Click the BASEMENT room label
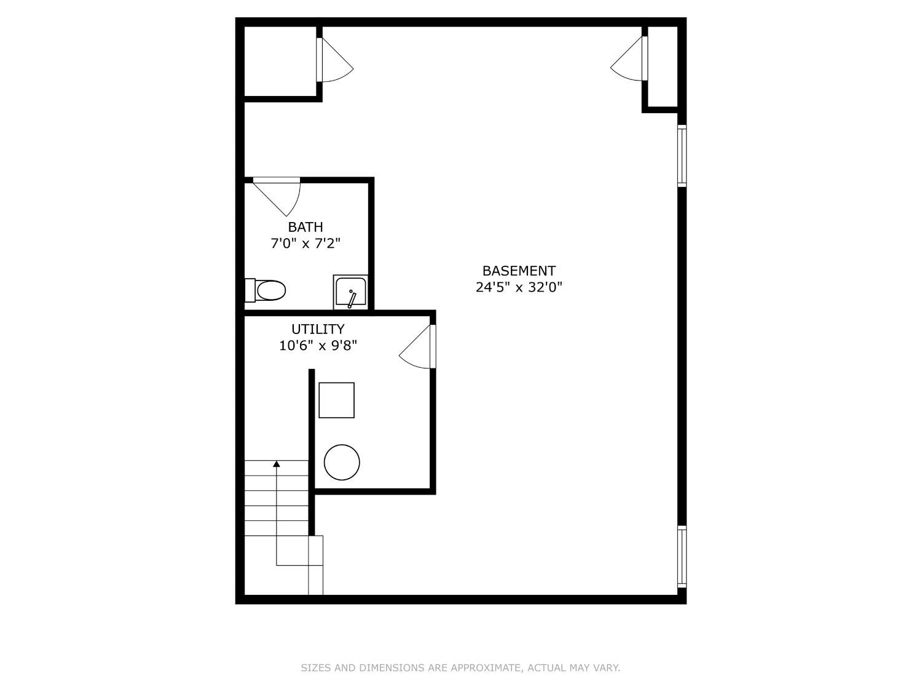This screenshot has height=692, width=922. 519,271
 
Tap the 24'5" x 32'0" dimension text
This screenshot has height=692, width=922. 519,287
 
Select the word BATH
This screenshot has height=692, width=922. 305,227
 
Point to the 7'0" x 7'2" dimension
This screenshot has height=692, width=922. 305,243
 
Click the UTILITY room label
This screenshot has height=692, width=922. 318,329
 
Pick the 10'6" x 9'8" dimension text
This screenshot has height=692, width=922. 318,345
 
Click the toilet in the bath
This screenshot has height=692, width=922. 267,290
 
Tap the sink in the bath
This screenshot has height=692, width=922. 350,293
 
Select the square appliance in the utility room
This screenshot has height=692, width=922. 336,400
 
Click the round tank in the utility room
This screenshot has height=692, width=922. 342,462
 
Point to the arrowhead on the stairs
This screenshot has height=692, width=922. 277,463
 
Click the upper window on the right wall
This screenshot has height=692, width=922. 682,155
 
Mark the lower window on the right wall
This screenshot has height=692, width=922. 682,556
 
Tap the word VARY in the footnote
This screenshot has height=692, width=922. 605,667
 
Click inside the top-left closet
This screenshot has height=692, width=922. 280,62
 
